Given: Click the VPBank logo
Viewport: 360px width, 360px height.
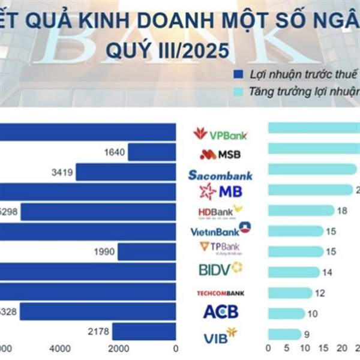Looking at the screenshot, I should (x=220, y=134).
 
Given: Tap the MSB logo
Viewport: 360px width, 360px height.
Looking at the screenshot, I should (x=220, y=154).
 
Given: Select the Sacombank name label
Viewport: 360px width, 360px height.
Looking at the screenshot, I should (x=220, y=175).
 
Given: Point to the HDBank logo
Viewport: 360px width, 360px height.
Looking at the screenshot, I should (x=220, y=212).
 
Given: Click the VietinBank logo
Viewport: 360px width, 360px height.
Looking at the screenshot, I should (x=220, y=230).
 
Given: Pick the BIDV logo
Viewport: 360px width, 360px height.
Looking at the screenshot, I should (x=220, y=269).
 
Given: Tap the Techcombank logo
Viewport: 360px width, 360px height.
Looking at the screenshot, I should (x=220, y=293).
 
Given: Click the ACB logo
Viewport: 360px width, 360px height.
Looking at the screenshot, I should (x=220, y=311).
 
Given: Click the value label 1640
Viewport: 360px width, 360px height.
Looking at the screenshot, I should (x=114, y=152).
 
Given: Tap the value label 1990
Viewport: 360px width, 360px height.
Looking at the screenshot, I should (x=104, y=252).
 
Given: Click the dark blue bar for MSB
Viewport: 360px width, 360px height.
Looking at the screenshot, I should (x=152, y=152).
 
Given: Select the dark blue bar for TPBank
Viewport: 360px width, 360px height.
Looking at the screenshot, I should (x=146, y=252).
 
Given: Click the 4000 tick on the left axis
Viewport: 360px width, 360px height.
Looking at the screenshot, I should (x=60, y=349).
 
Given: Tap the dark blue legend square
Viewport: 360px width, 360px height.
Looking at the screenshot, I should (x=238, y=74).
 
